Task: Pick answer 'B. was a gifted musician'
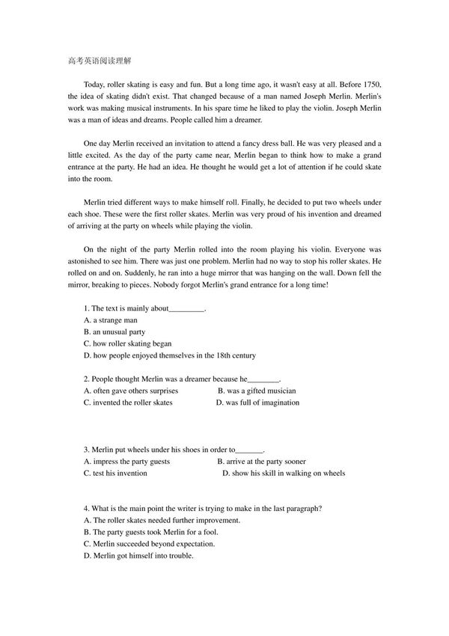(257, 391)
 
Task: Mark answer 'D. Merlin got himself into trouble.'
(138, 556)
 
